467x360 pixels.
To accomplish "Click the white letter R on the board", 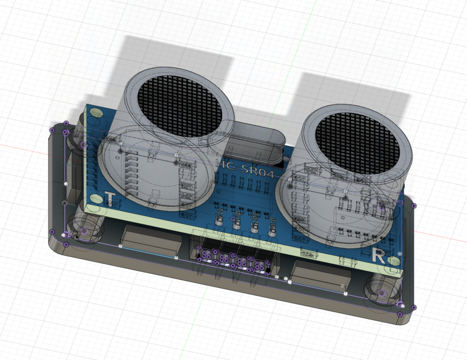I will click(379, 257).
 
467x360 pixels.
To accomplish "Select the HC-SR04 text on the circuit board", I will click(248, 168).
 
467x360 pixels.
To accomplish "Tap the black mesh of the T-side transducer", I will click(178, 106).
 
